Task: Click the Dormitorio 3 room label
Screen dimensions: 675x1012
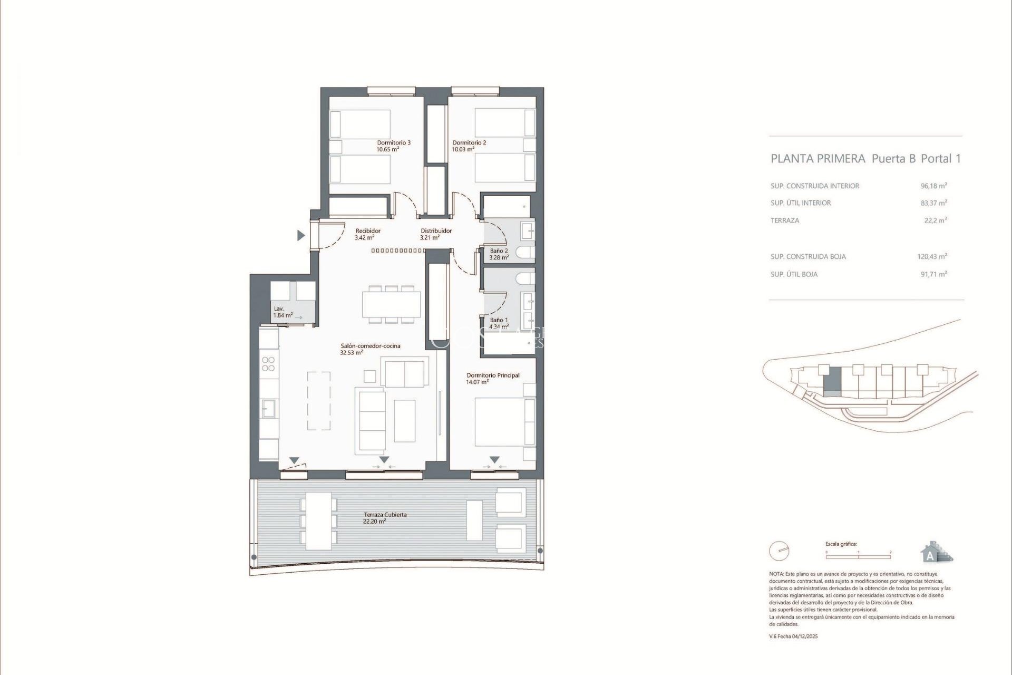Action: [393, 146]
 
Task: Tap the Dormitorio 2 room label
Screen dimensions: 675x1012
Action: [469, 146]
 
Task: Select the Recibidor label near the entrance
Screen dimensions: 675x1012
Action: [367, 234]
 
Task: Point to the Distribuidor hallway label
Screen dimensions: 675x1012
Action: [435, 234]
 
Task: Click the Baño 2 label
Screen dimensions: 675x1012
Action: [499, 254]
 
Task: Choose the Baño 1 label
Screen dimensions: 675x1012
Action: [499, 323]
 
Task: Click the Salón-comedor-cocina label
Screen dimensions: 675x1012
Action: [370, 349]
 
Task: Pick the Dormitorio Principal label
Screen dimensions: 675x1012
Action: [492, 379]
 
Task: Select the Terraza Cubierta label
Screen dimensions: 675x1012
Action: [385, 518]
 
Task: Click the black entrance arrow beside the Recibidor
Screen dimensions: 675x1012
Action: [301, 236]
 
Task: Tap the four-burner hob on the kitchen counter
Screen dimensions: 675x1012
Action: [268, 364]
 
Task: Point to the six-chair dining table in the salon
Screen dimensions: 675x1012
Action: [391, 304]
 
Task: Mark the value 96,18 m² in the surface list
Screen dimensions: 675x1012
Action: [933, 186]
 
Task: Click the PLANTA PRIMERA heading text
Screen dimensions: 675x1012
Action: [818, 159]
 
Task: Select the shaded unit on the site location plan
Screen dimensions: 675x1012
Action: [832, 381]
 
